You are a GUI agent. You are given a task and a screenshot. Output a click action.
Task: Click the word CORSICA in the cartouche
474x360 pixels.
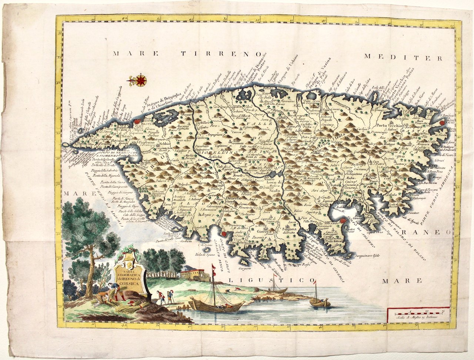pos(130,284)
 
